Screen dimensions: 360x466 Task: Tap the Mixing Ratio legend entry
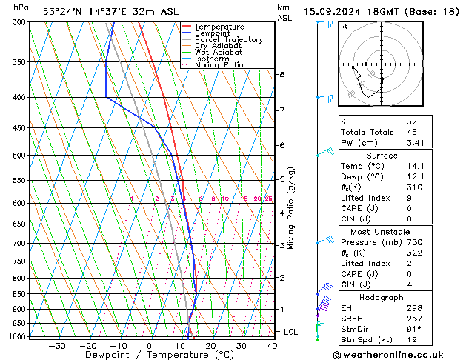[219, 65]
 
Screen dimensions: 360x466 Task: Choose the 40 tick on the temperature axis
[272, 345]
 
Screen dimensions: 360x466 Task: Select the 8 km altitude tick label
[282, 75]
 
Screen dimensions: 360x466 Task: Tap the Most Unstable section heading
[382, 231]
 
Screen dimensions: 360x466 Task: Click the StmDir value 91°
[413, 328]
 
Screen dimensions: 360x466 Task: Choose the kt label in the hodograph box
[344, 26]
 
